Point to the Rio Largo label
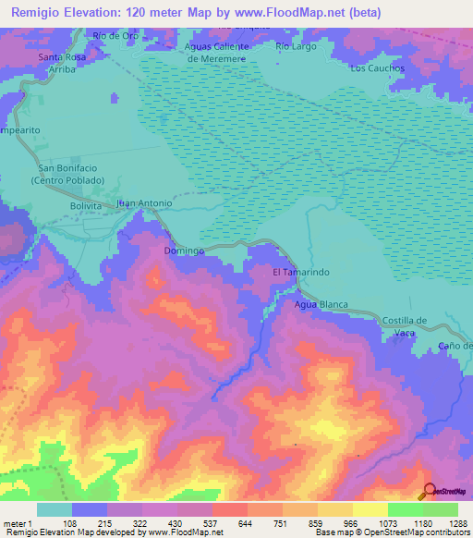[x=296, y=45]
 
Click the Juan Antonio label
[x=144, y=203]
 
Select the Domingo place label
[x=183, y=251]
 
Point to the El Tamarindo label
[x=300, y=273]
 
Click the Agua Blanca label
[x=320, y=304]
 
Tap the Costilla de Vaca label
[x=404, y=325]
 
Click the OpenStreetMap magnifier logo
[x=428, y=492]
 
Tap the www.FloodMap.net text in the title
[x=286, y=12]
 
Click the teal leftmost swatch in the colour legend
[x=55, y=509]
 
